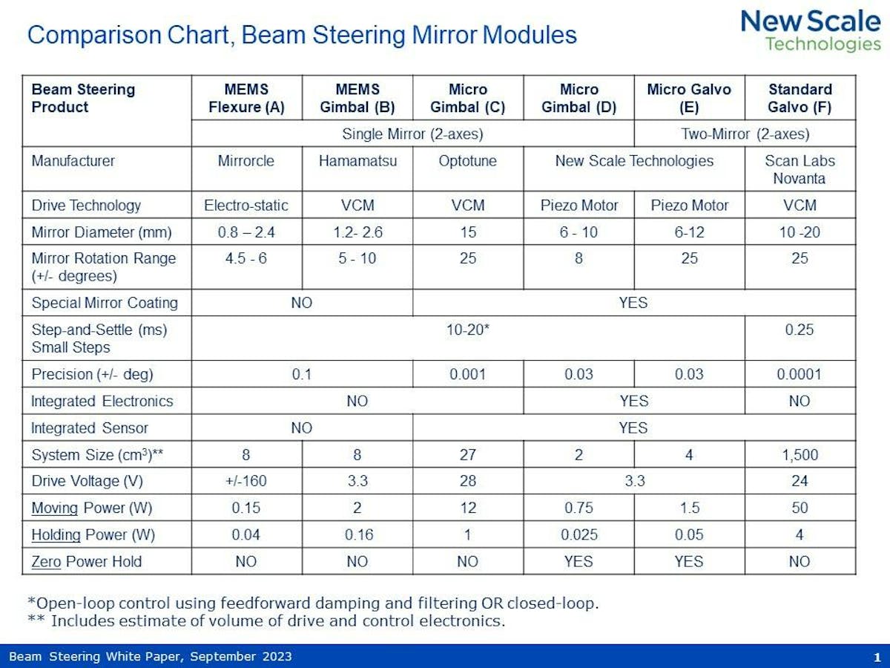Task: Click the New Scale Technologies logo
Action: point(811,31)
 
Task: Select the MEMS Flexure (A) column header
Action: point(246,98)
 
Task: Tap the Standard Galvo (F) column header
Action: point(800,98)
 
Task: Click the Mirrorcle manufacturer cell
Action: point(246,161)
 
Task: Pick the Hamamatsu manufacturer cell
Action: point(357,161)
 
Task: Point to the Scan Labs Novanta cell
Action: point(800,169)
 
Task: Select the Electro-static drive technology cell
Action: point(246,206)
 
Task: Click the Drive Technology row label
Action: point(86,206)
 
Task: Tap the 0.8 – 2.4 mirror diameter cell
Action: point(246,232)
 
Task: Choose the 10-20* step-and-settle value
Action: point(467,330)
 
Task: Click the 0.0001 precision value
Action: point(800,374)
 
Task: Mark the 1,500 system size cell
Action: point(800,454)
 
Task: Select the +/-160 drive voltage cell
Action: point(246,481)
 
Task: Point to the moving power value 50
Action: point(800,508)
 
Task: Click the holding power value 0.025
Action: point(578,534)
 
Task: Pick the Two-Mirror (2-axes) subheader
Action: point(745,134)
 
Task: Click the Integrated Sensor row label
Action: point(90,428)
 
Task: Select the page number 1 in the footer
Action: point(877,657)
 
